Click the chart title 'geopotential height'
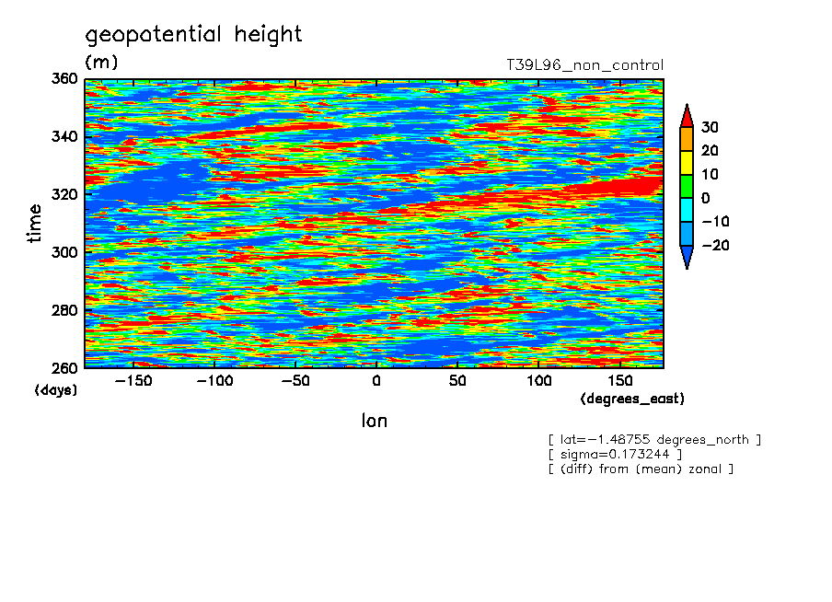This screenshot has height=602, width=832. click(193, 35)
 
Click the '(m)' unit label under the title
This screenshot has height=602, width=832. click(101, 63)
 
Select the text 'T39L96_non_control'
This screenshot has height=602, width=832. click(584, 65)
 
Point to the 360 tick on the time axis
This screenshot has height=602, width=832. click(64, 79)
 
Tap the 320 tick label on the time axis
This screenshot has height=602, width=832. click(64, 194)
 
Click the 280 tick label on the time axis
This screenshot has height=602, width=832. click(64, 310)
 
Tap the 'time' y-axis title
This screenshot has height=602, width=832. click(35, 224)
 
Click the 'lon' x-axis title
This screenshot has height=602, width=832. click(374, 421)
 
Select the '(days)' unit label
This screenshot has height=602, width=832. click(55, 390)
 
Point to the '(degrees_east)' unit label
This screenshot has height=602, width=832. click(632, 399)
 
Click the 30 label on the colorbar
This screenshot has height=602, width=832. click(709, 127)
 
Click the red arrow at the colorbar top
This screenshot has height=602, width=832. click(686, 115)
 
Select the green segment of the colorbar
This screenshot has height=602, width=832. click(686, 186)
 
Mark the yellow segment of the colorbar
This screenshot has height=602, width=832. click(686, 162)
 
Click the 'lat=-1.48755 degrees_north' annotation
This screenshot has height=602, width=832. click(654, 439)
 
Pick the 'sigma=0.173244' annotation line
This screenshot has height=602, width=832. click(615, 454)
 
